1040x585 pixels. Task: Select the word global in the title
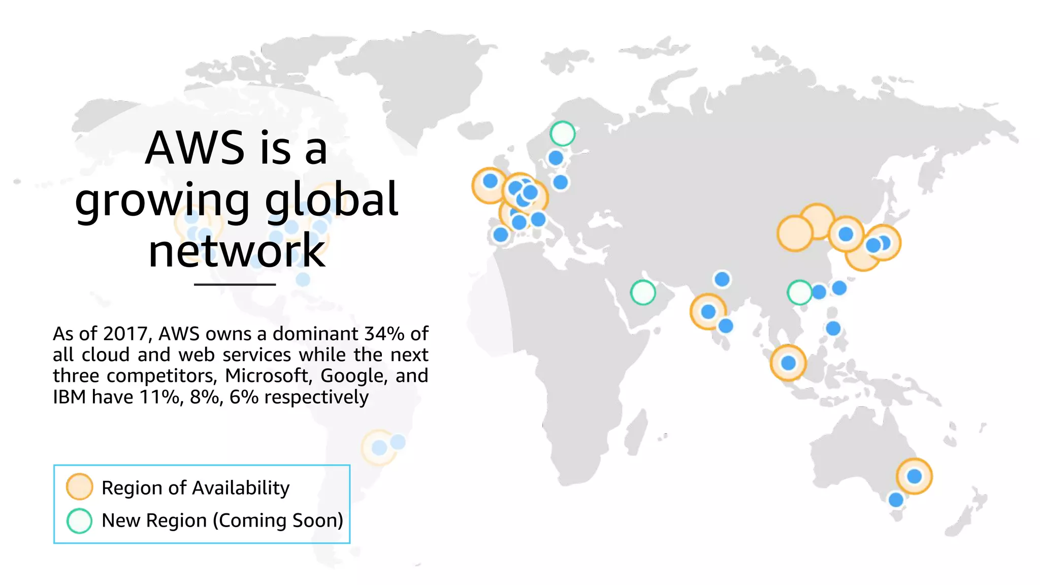(331, 199)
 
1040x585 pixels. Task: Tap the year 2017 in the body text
(125, 334)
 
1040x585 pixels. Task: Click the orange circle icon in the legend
(79, 486)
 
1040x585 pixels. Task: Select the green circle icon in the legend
(79, 521)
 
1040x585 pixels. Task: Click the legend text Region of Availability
(196, 487)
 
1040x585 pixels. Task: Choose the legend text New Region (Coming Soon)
(222, 521)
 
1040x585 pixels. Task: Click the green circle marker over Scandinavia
(562, 134)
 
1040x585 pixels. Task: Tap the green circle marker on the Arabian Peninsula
(643, 292)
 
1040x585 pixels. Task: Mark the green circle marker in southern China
(799, 292)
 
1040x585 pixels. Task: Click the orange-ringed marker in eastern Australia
(914, 476)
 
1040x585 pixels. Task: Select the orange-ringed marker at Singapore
(788, 363)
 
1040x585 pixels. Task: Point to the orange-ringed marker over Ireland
(490, 184)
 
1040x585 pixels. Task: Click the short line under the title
(235, 284)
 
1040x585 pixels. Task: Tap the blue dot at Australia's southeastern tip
(896, 500)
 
